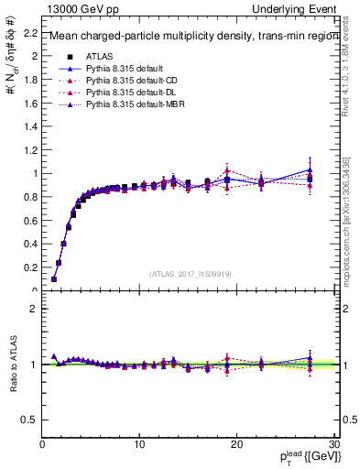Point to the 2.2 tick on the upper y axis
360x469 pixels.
(29, 32)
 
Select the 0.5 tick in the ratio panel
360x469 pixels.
(29, 420)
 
